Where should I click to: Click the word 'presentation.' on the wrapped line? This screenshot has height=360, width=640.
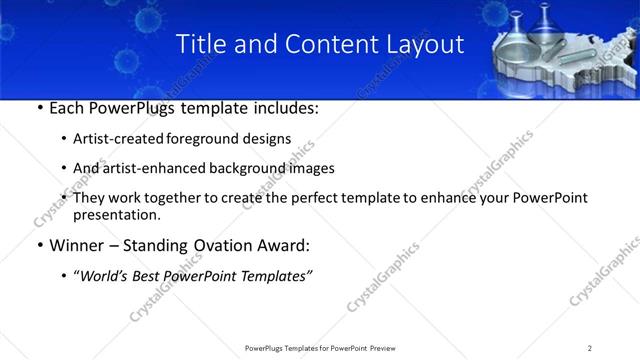point(116,215)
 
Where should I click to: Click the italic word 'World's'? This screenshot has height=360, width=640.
point(105,276)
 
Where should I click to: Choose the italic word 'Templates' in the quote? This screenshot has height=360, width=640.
point(276,276)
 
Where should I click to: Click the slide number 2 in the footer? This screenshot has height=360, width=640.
point(590,348)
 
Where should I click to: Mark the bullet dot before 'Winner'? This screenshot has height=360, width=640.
point(39,246)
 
